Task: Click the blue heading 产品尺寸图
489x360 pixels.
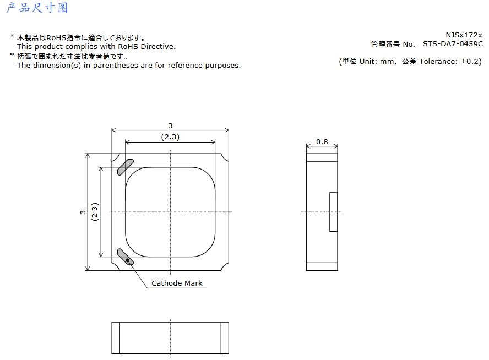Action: point(37,8)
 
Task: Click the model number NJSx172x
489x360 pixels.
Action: point(464,35)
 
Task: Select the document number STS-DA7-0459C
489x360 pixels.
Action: point(453,44)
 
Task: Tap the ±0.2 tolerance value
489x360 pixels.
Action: point(470,62)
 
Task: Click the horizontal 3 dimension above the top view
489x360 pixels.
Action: point(170,126)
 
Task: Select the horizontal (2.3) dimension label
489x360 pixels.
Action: point(170,137)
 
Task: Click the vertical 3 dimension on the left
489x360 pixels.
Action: point(83,212)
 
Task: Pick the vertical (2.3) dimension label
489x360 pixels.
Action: point(95,212)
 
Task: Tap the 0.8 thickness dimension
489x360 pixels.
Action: point(322,142)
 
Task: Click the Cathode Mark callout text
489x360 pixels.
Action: point(177,283)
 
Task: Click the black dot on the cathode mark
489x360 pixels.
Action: point(128,260)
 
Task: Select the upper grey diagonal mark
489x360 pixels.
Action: point(126,167)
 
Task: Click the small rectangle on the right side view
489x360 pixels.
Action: point(333,212)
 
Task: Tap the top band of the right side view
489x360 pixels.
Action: point(322,157)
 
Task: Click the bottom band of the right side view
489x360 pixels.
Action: point(322,266)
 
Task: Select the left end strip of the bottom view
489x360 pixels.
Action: point(116,338)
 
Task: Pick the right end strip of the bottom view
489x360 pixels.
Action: point(225,338)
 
